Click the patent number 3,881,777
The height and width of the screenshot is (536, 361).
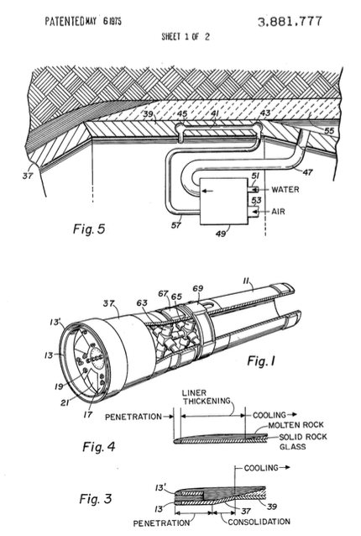290,22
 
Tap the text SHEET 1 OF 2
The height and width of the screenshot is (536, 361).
186,37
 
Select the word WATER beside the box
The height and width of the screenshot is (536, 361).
285,189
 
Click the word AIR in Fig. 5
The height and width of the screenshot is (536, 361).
278,212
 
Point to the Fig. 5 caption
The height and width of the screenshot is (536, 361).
89,229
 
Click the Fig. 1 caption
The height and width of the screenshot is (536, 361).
261,360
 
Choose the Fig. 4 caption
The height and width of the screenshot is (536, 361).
99,446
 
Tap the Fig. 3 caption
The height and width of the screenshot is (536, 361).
96,499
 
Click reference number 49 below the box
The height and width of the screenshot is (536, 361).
221,234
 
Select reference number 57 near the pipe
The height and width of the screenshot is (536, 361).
176,225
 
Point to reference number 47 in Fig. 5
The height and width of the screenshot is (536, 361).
307,172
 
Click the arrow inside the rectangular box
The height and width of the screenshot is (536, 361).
208,191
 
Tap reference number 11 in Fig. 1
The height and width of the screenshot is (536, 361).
247,281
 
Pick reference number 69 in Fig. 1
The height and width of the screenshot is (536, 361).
198,289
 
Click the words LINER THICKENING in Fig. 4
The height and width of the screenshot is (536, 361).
207,397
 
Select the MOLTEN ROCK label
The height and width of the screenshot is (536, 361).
296,425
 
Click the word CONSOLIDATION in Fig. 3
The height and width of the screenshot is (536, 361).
259,522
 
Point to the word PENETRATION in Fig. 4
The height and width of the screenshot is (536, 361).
133,417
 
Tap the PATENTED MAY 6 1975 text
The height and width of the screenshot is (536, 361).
83,22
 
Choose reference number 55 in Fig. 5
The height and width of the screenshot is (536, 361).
329,131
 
